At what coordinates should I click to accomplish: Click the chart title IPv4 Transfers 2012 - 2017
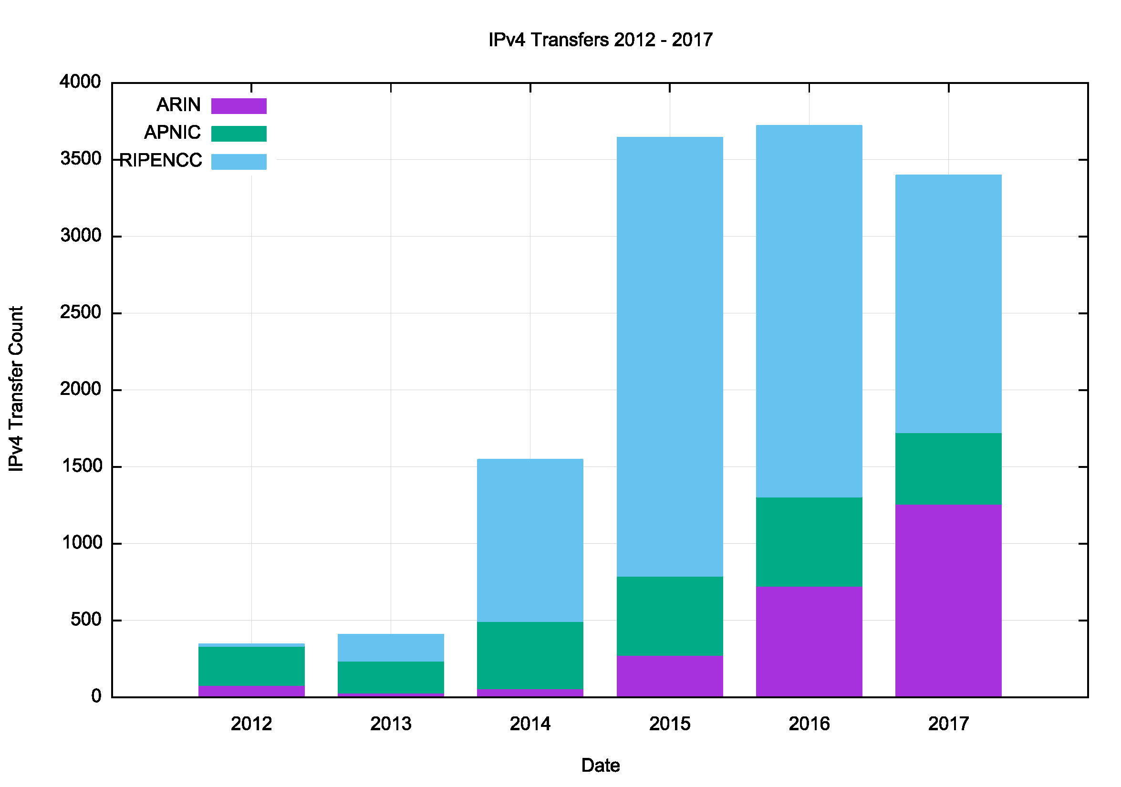pos(601,40)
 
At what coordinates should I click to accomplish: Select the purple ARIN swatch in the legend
pos(239,106)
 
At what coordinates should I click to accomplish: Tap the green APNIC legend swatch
pos(239,134)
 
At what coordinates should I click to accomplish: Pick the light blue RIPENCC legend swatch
pos(239,162)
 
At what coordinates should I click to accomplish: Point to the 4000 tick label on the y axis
pos(81,82)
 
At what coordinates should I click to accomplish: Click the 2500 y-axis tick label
pos(81,312)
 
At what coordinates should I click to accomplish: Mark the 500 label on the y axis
pos(86,620)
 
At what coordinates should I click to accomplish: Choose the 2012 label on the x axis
pos(251,724)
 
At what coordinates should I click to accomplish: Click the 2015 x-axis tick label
pos(669,724)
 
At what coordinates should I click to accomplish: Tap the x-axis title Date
pos(601,765)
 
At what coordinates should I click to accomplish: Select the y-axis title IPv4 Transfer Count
pos(17,389)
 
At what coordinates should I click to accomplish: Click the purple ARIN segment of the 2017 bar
pos(948,601)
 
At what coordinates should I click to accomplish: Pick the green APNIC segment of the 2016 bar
pos(809,542)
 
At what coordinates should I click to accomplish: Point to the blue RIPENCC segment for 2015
pos(669,356)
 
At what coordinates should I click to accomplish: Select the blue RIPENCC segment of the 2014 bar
pos(530,540)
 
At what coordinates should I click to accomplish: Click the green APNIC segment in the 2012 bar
pos(251,666)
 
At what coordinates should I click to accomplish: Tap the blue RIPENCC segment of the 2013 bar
pos(391,647)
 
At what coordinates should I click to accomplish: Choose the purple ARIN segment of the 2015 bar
pos(669,676)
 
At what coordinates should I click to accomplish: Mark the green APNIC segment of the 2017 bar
pos(948,469)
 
